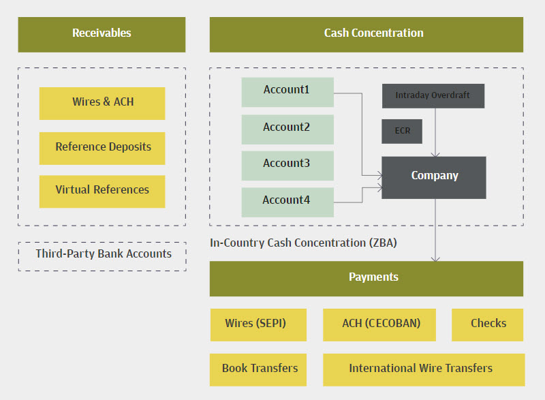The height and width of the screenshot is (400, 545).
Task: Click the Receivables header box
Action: [x=102, y=34]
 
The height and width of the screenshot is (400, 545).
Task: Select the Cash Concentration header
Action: [x=366, y=34]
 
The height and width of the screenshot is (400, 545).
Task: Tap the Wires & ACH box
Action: [x=102, y=103]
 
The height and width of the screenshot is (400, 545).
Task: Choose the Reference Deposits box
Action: [x=102, y=148]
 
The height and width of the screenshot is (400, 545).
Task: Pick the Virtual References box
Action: [x=102, y=191]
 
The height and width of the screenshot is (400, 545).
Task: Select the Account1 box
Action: [x=287, y=91]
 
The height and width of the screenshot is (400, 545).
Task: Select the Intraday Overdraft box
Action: [x=433, y=96]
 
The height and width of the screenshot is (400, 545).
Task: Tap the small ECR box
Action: [x=402, y=131]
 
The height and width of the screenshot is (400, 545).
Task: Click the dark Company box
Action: [x=434, y=177]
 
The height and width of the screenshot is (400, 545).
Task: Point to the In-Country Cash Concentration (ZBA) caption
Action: [x=303, y=243]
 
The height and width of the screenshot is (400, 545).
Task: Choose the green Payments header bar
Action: [x=366, y=278]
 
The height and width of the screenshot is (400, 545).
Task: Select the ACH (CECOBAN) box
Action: [x=381, y=324]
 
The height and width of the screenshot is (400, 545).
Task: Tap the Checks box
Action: [x=488, y=324]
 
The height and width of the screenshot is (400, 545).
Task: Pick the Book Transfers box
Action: [x=259, y=369]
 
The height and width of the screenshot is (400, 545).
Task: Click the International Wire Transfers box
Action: [x=423, y=369]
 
